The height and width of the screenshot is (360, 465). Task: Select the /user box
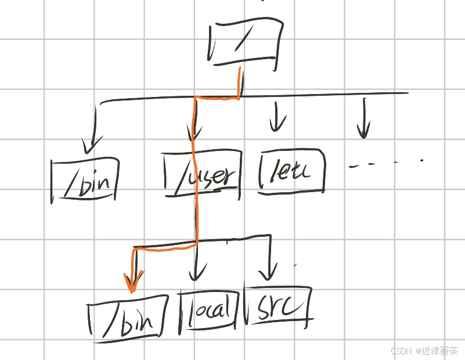[202, 173]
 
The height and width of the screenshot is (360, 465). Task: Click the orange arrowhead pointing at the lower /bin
[133, 284]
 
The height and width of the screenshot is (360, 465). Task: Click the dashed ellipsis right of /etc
[385, 163]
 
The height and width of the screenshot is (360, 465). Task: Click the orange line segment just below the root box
[239, 81]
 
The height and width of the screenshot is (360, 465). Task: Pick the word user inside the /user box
[215, 175]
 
